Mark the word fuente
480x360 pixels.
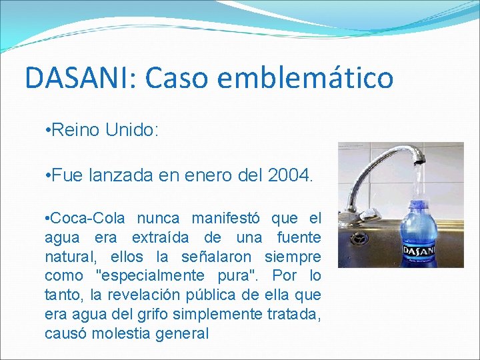coord(298,237)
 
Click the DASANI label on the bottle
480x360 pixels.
coord(420,251)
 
